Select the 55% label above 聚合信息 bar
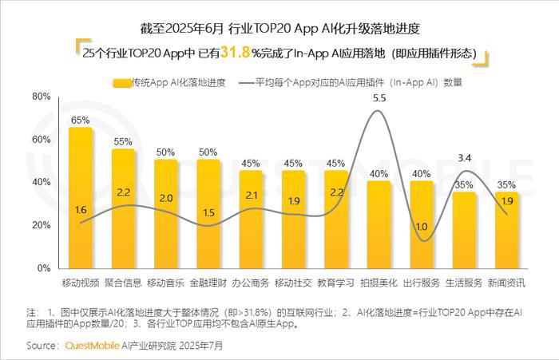click(x=123, y=141)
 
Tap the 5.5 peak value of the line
click(x=379, y=98)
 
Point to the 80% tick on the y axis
click(x=41, y=97)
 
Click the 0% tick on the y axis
click(x=44, y=268)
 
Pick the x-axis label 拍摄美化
click(x=379, y=283)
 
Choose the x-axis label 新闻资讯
click(x=507, y=283)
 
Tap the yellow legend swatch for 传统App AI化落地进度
click(x=121, y=81)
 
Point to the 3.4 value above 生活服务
click(x=465, y=157)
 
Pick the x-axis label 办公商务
click(x=251, y=283)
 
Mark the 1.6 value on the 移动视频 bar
click(x=80, y=209)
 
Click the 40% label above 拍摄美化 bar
click(x=379, y=173)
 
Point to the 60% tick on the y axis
click(x=41, y=140)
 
